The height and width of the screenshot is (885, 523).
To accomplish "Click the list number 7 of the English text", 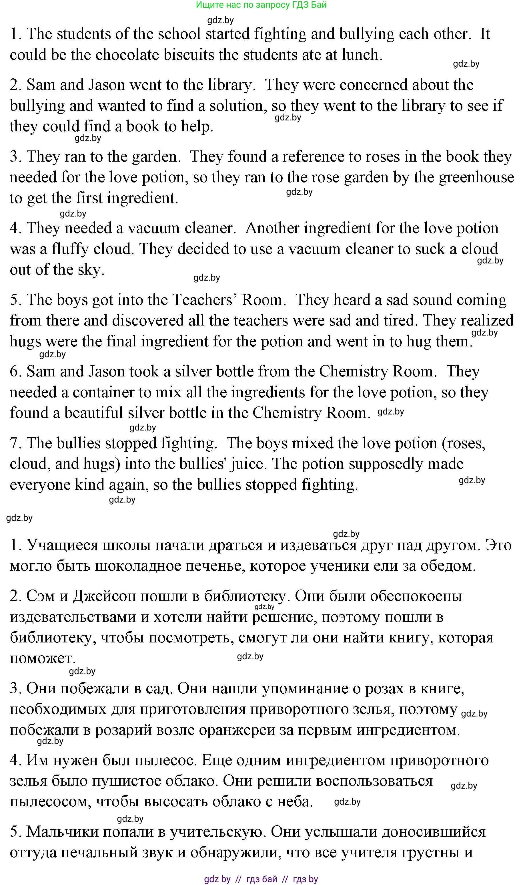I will tap(14, 443).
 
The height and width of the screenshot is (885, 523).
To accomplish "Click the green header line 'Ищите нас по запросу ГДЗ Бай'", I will tap(261, 5).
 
